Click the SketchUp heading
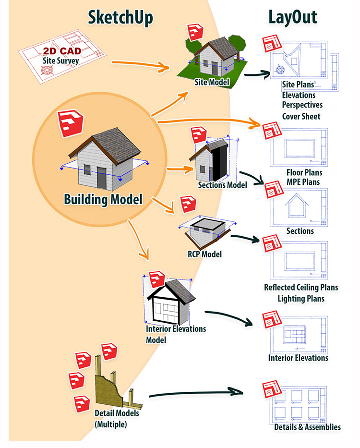click(120, 17)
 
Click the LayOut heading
click(292, 17)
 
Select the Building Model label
click(103, 198)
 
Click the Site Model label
click(212, 82)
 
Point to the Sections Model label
click(222, 185)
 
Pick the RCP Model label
click(204, 254)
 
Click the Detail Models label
click(117, 413)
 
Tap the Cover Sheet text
click(301, 116)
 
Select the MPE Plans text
click(303, 182)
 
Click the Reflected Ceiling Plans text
click(301, 288)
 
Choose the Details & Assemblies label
click(307, 427)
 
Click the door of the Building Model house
click(102, 178)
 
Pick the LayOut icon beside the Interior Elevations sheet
click(270, 320)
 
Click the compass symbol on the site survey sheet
click(47, 70)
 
